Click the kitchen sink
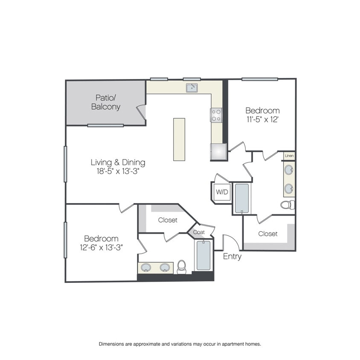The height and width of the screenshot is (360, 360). pos(192,88)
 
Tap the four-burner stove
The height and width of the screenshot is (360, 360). pos(216,115)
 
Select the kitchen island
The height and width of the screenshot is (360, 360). pos(179,139)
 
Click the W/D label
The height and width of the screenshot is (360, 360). pos(222,192)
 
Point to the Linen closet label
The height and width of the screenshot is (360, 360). pos(289,156)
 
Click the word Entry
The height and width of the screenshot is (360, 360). pos(232,256)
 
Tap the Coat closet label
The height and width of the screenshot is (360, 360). pos(199,232)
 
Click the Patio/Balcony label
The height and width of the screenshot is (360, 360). pos(106,102)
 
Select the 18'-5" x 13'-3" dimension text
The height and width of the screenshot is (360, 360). pos(118,171)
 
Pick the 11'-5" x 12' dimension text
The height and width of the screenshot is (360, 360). pos(262,119)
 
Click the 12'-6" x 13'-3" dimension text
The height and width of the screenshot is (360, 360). pos(101,247)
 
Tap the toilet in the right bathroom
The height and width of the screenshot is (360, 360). pos(287,205)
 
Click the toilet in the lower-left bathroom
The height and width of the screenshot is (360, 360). pos(182,267)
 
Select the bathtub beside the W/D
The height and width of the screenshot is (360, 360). pos(242,198)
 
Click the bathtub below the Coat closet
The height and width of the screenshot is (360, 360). pos(203,255)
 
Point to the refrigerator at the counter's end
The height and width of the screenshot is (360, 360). pos(218,152)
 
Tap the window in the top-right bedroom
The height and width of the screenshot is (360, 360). pos(260,79)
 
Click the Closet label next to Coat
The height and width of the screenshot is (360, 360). pos(168,220)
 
